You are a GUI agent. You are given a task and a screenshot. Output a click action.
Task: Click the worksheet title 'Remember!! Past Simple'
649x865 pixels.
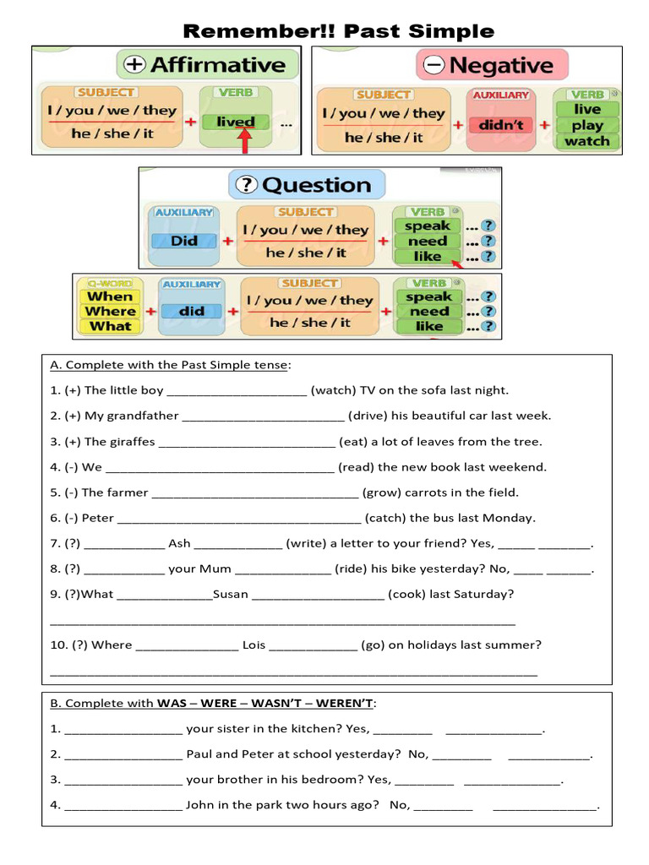pyautogui.click(x=338, y=31)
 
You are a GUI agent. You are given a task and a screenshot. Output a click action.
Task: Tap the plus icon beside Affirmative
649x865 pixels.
pyautogui.click(x=135, y=64)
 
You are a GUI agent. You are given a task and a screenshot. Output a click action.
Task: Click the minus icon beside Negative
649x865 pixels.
pyautogui.click(x=434, y=64)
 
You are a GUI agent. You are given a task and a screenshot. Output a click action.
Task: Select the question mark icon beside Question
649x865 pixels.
pyautogui.click(x=247, y=184)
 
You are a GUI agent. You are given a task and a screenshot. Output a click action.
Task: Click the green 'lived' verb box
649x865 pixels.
pyautogui.click(x=235, y=122)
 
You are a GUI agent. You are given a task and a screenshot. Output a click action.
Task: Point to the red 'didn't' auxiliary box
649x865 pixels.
pyautogui.click(x=502, y=125)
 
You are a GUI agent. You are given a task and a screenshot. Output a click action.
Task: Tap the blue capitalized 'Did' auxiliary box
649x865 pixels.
pyautogui.click(x=184, y=241)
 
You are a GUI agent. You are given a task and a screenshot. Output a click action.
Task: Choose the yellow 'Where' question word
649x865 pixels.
pyautogui.click(x=110, y=311)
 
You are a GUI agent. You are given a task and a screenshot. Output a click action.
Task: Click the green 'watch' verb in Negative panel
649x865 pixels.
pyautogui.click(x=586, y=141)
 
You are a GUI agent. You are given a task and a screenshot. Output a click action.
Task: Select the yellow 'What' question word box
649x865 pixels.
pyautogui.click(x=110, y=326)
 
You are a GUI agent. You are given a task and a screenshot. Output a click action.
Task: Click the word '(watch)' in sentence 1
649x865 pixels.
pyautogui.click(x=334, y=390)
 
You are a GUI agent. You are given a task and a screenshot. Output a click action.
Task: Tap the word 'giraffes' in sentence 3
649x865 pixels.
pyautogui.click(x=132, y=441)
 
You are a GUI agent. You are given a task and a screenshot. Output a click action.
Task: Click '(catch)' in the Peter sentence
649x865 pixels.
pyautogui.click(x=385, y=518)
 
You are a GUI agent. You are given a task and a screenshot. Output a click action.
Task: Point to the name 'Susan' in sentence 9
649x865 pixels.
pyautogui.click(x=231, y=594)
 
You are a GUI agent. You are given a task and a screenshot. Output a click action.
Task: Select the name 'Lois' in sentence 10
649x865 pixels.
pyautogui.click(x=254, y=645)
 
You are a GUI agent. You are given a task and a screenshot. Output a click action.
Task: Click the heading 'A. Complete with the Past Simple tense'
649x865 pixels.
pyautogui.click(x=170, y=365)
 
